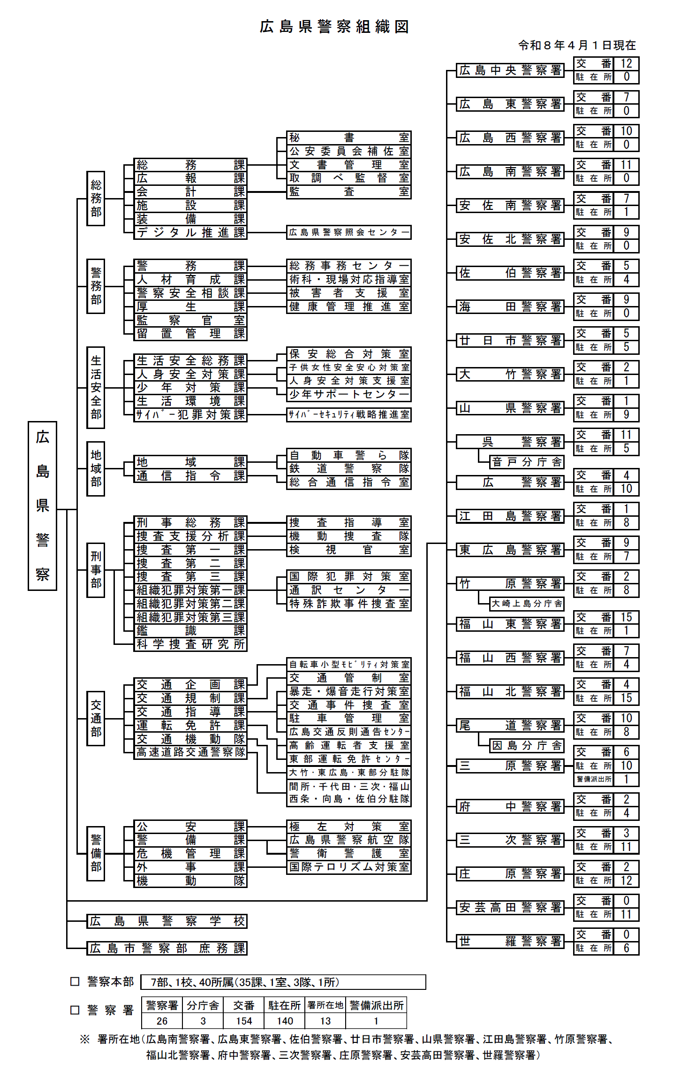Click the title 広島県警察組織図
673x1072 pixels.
point(334,27)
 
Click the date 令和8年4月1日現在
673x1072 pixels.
point(577,45)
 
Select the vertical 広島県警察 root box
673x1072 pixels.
point(42,505)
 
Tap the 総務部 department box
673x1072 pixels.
point(96,199)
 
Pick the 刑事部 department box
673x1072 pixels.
point(96,570)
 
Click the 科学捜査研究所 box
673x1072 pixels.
point(190,644)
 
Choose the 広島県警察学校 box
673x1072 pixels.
point(167,921)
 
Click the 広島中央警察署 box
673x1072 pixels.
point(510,70)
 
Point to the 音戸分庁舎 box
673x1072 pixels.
point(527,462)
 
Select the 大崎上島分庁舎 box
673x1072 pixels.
point(527,604)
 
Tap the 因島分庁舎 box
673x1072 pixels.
point(527,745)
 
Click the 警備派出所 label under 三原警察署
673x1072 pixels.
point(594,779)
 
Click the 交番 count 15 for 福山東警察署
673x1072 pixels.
point(626,617)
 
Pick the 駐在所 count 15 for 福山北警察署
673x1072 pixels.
point(626,698)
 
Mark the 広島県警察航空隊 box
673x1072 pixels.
point(349,840)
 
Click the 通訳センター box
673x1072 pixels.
point(349,590)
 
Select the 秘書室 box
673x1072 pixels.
point(349,138)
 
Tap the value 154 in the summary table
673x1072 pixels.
point(244,1021)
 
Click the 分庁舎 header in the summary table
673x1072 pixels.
point(203,1005)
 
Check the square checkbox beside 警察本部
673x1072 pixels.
point(75,981)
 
